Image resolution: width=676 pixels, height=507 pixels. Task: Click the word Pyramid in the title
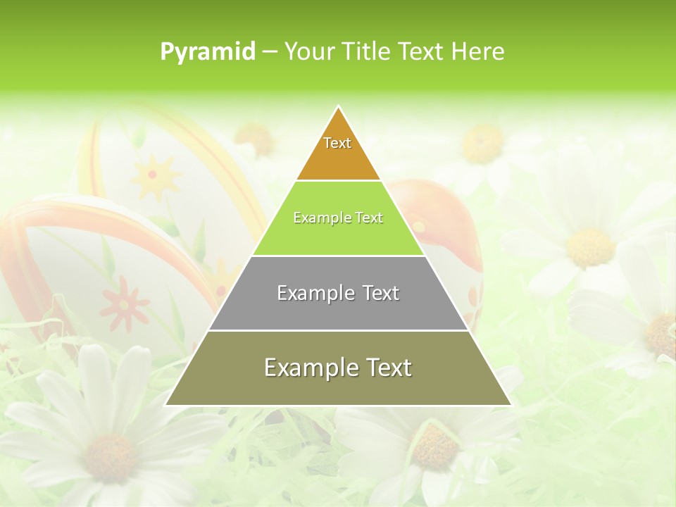(x=207, y=51)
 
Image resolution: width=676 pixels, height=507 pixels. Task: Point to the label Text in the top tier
(x=337, y=143)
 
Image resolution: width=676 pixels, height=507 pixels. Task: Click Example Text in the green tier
(x=338, y=218)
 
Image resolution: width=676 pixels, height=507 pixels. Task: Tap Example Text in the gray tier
(x=338, y=293)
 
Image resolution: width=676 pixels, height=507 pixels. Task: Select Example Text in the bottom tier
(x=338, y=368)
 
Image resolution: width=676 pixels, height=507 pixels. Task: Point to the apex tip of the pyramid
(x=338, y=107)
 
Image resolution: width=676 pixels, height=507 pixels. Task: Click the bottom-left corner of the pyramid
(x=166, y=405)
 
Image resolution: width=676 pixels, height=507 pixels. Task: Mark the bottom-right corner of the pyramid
(x=511, y=405)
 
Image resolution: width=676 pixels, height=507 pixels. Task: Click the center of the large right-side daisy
(x=590, y=246)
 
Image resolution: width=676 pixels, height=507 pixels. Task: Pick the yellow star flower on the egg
(x=154, y=176)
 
